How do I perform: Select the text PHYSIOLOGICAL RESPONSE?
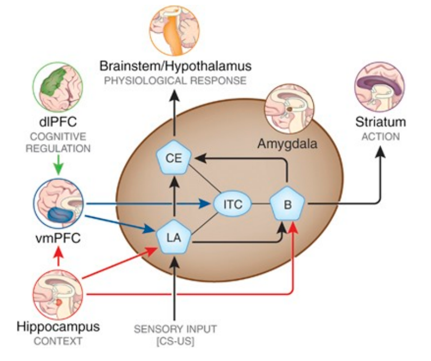point(175,81)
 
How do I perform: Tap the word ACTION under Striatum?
point(379,136)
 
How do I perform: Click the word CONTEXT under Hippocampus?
point(58,341)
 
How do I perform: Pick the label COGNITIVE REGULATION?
point(58,143)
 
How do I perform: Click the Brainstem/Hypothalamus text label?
point(175,67)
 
